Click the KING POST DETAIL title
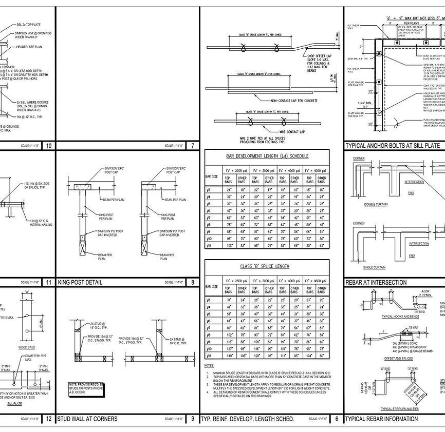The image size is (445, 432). [x=80, y=282]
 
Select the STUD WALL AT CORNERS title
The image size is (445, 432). [x=87, y=419]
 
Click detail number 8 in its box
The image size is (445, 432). [x=192, y=282]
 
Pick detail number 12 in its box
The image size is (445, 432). [x=49, y=419]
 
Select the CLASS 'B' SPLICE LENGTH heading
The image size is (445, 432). [x=265, y=266]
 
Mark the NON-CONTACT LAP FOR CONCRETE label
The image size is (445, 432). [x=295, y=101]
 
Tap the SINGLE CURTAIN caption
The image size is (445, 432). [x=374, y=268]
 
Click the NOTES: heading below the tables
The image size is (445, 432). [x=209, y=365]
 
